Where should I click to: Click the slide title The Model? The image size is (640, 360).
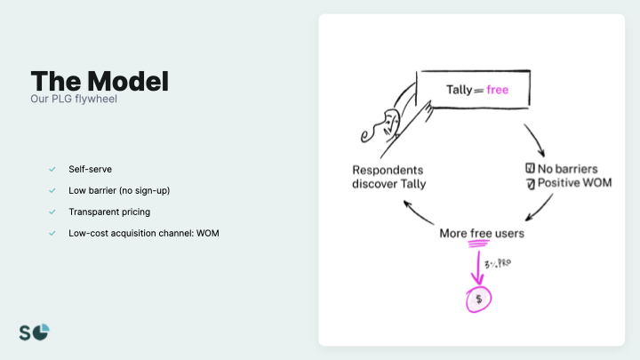(100, 82)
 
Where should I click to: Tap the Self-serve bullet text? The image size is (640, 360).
(90, 169)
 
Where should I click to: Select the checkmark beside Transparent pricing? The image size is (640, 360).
(52, 212)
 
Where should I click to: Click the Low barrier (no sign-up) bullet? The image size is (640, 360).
(116, 190)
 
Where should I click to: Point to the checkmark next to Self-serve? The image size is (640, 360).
(52, 169)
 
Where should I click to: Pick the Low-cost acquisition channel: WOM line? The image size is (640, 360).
(143, 234)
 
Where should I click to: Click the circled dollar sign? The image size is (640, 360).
(478, 300)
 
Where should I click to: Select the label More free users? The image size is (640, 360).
(482, 234)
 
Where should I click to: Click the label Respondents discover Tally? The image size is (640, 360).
(389, 177)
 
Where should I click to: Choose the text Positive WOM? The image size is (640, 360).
(575, 184)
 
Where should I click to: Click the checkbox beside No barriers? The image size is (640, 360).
(530, 168)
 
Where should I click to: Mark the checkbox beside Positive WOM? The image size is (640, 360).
(530, 184)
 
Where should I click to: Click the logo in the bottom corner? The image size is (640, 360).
(35, 332)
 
